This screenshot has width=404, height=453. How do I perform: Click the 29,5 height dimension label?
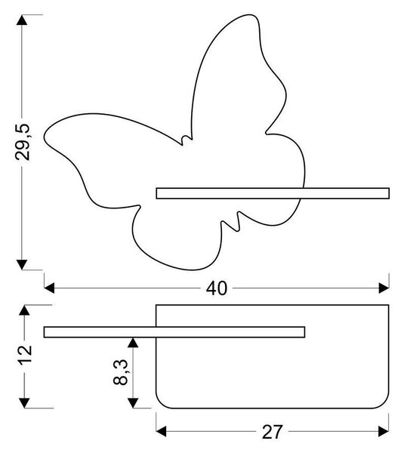[23, 142]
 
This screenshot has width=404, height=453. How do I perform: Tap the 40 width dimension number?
[217, 288]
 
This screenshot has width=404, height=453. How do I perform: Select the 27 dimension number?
[272, 432]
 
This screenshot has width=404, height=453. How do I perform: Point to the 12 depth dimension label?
[25, 355]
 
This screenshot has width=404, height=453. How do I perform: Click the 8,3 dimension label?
[121, 373]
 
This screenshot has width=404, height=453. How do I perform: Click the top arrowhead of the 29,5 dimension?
[22, 20]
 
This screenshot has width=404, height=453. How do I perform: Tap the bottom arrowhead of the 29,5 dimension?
[22, 265]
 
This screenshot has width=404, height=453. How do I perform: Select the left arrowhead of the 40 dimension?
[49, 288]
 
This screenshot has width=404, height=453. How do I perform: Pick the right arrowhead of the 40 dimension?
[384, 288]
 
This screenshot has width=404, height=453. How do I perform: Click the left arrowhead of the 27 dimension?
[161, 431]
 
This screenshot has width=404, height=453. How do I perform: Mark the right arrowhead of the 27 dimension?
[384, 431]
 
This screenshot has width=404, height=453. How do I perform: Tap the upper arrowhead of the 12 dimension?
[25, 310]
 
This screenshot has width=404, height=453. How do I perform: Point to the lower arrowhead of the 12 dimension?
[25, 403]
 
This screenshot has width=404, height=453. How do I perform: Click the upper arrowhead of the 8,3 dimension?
[133, 342]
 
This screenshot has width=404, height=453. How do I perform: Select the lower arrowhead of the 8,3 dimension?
[133, 403]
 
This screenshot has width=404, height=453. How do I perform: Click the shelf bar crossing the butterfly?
[273, 193]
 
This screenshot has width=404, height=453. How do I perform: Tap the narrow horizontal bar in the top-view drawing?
[174, 332]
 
